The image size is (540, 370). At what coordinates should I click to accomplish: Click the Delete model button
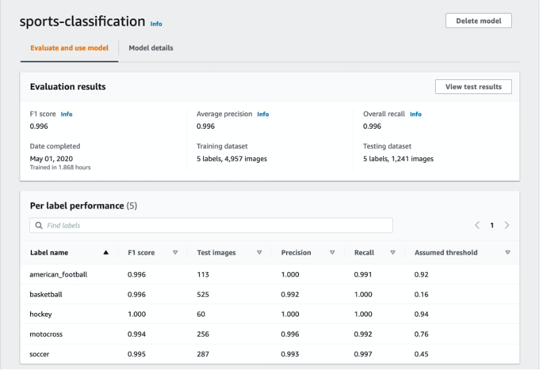point(478,20)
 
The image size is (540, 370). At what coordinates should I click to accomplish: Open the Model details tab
point(150,48)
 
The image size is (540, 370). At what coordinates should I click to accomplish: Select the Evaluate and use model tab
point(69,48)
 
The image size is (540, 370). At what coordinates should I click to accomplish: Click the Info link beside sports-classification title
point(156,24)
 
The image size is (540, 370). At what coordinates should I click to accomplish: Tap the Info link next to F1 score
point(67,114)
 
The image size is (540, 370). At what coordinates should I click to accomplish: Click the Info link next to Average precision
point(263,114)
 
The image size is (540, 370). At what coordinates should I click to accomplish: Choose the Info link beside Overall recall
point(415,114)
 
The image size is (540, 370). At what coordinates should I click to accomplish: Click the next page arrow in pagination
point(507,225)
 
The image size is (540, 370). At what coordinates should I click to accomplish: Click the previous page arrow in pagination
point(477,225)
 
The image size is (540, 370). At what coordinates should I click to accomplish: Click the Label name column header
point(49,253)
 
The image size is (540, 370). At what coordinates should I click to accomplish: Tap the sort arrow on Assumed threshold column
point(507,253)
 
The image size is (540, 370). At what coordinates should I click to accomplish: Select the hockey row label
point(41,314)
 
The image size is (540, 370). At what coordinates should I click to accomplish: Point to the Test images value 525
point(204,294)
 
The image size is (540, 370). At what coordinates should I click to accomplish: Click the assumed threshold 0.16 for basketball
point(422,294)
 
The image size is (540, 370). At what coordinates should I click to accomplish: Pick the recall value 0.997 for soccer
point(363,354)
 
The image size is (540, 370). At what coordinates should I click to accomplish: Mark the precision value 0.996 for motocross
point(290,334)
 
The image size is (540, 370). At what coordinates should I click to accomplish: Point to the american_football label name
point(58,275)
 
